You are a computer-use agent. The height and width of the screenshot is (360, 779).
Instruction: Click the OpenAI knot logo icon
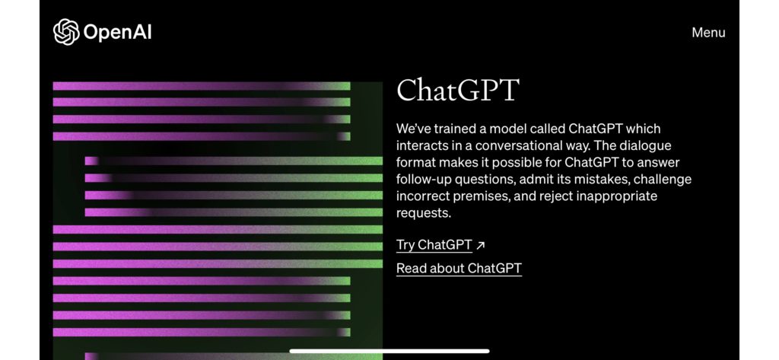(66, 32)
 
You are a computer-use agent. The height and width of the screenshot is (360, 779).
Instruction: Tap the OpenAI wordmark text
(118, 32)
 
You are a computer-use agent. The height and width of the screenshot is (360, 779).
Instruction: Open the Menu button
(708, 33)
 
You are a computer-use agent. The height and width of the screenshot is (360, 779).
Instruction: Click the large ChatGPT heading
(457, 90)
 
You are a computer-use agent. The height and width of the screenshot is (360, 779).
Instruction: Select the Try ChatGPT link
(434, 245)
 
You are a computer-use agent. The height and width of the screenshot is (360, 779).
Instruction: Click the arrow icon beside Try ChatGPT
(481, 245)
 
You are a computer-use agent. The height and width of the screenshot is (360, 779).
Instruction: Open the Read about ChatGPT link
(459, 269)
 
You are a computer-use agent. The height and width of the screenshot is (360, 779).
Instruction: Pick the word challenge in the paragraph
(663, 179)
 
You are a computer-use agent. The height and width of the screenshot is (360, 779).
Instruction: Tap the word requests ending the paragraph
(423, 213)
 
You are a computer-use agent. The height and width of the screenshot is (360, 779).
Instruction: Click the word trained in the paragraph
(455, 129)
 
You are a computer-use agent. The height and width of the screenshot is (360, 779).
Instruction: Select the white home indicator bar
(389, 351)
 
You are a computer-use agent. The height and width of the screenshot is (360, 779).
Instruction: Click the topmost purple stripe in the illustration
(202, 86)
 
